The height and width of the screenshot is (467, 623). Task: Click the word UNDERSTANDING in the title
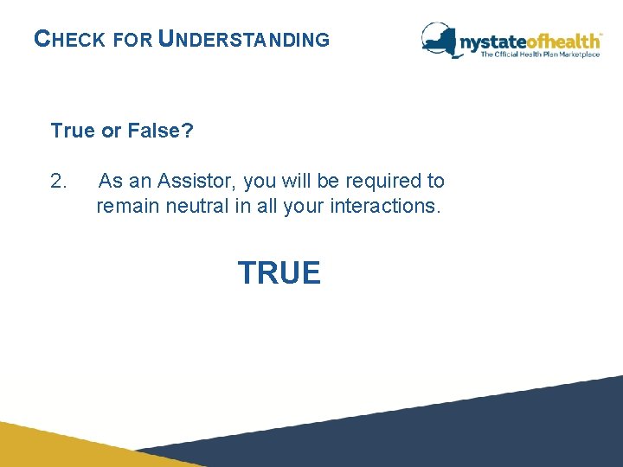tap(245, 40)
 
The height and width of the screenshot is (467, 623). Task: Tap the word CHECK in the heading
tap(70, 40)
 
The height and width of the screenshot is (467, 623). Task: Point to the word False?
tap(160, 131)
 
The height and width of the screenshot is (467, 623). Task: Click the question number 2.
tap(59, 182)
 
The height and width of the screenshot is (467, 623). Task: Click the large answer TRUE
tap(279, 273)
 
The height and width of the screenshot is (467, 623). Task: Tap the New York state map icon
tap(440, 39)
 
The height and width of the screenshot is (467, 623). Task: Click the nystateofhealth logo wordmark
tap(529, 41)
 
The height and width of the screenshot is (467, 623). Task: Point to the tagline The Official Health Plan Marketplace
tap(540, 54)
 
